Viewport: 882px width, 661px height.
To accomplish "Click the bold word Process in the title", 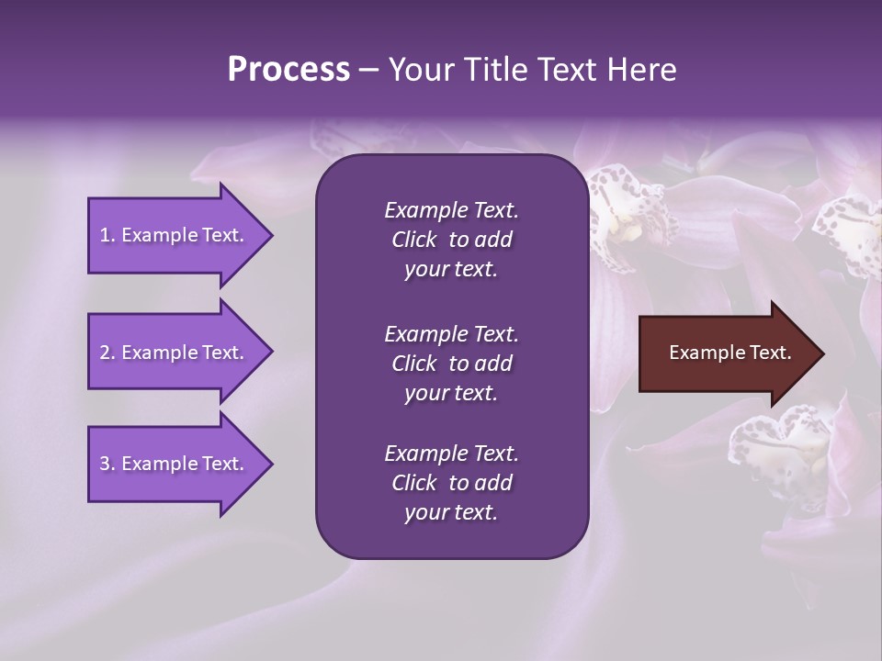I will pyautogui.click(x=288, y=70).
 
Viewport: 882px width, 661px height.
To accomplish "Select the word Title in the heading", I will pyautogui.click(x=496, y=70).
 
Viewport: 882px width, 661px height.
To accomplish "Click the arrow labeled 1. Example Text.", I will pyautogui.click(x=175, y=235).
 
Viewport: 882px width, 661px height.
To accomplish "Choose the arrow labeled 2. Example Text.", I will pyautogui.click(x=175, y=353).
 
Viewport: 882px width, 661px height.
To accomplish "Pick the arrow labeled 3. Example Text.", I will pyautogui.click(x=175, y=464).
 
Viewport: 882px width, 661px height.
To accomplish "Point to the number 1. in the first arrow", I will pyautogui.click(x=107, y=235).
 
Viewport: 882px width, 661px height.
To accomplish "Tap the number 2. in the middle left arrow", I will pyautogui.click(x=107, y=353).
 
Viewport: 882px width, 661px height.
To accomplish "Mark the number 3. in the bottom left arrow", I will pyautogui.click(x=107, y=464).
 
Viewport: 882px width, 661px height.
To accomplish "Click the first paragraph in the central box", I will pyautogui.click(x=451, y=240).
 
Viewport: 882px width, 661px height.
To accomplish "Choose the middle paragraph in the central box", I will pyautogui.click(x=451, y=364).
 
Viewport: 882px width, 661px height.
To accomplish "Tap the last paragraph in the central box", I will pyautogui.click(x=451, y=483).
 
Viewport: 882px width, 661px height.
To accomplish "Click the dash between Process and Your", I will pyautogui.click(x=369, y=70).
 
